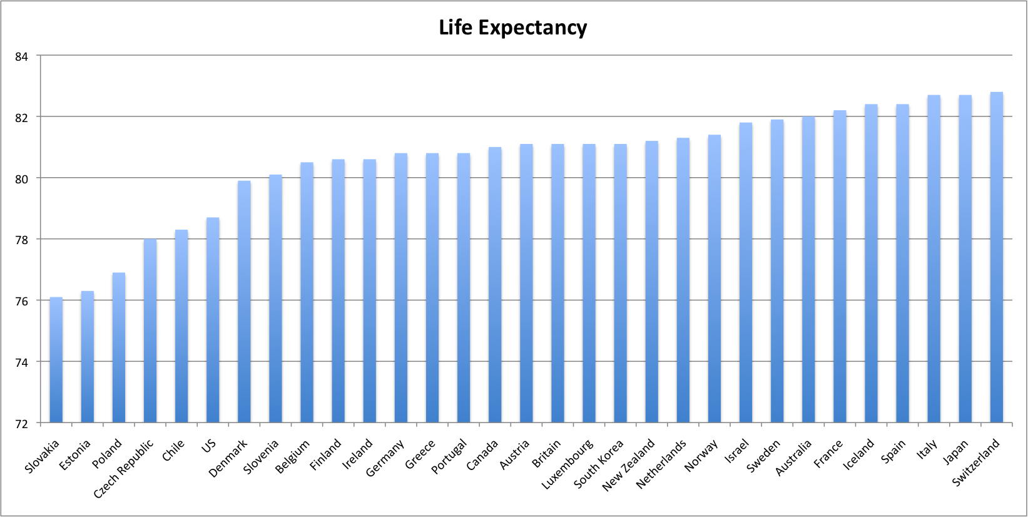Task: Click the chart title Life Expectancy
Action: point(513,28)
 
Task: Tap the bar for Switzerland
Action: point(997,257)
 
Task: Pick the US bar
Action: point(213,319)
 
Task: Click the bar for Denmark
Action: point(244,300)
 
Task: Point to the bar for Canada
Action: point(495,285)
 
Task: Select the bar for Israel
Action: point(746,272)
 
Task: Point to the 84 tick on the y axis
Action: point(22,57)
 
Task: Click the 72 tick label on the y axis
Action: point(22,424)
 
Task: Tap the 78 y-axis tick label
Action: point(22,240)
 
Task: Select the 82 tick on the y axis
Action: point(22,118)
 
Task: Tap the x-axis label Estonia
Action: point(75,455)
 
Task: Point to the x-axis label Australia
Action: point(793,458)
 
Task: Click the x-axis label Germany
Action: point(385,459)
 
